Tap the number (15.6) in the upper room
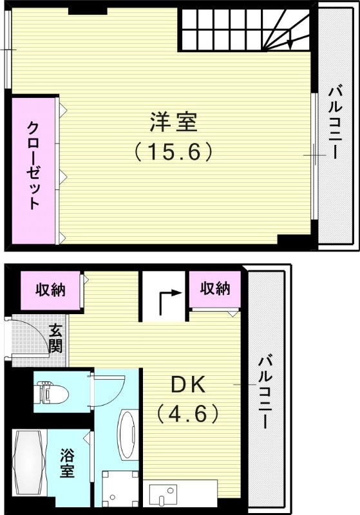[x=173, y=153]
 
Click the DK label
[x=187, y=384]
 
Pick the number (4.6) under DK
[x=187, y=412]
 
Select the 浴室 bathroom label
[x=66, y=464]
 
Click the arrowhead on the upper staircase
[x=291, y=44]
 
